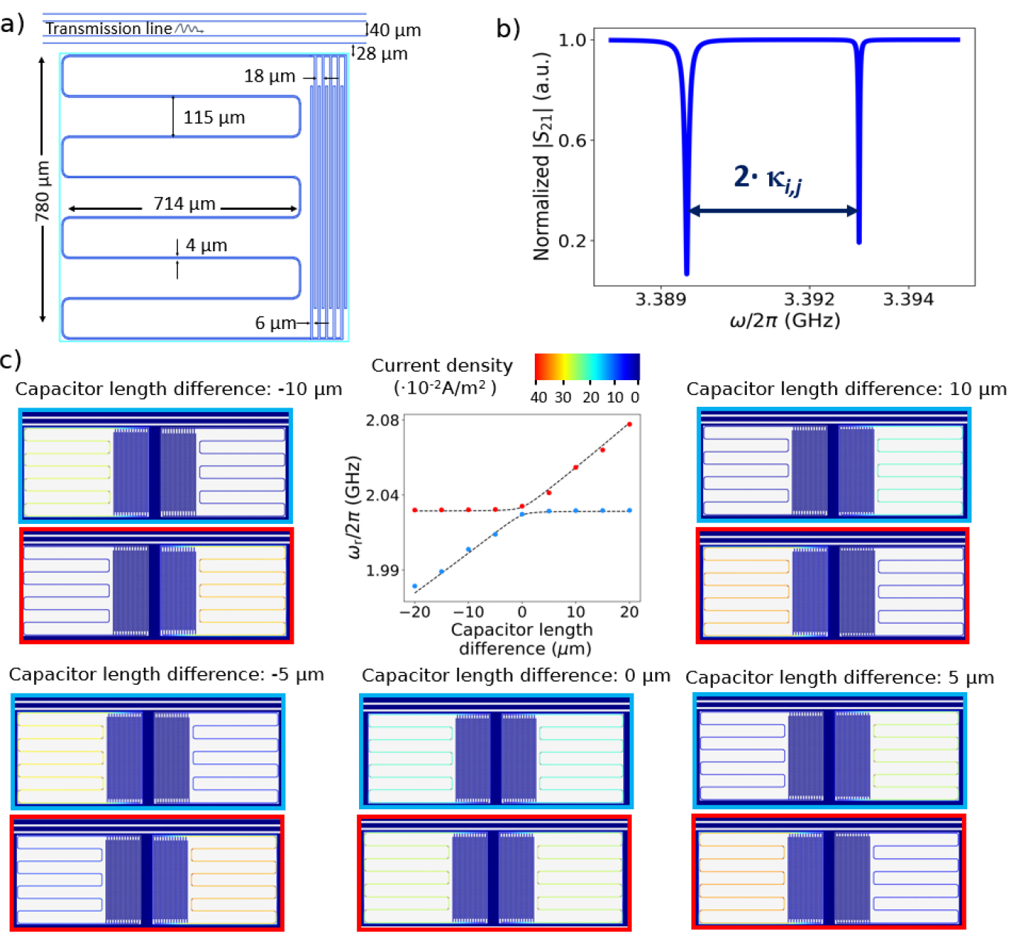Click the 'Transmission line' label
click(108, 29)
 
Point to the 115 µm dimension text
click(214, 118)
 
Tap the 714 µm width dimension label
click(184, 204)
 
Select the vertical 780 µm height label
click(42, 190)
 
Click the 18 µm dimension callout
click(269, 76)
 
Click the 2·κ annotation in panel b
click(768, 179)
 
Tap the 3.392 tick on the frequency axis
click(809, 299)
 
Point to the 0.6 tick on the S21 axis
click(571, 140)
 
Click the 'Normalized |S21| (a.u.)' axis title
click(542, 156)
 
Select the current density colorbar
click(587, 367)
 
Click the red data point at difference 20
click(630, 425)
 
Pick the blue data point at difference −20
click(415, 586)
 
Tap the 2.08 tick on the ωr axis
click(383, 420)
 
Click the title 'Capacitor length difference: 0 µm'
click(516, 676)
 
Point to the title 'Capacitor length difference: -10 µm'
click(178, 389)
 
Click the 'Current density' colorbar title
click(441, 365)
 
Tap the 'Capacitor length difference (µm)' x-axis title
click(521, 639)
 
